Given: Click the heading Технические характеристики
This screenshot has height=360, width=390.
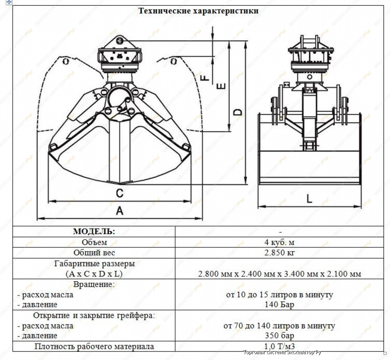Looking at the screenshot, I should (x=198, y=11).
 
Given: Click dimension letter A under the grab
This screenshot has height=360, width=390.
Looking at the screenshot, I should (x=120, y=211).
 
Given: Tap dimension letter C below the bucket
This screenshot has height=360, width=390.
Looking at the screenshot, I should (x=119, y=193).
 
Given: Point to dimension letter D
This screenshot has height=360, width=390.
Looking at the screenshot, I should (x=238, y=112).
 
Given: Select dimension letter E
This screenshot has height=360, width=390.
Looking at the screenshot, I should (x=221, y=86).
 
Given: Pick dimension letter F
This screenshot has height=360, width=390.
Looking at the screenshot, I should (x=205, y=77).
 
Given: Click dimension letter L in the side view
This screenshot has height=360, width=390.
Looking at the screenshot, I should (x=309, y=199).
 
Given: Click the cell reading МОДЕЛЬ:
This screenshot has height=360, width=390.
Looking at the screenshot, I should (x=94, y=231).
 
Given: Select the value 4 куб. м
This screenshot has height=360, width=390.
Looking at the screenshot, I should (x=279, y=242).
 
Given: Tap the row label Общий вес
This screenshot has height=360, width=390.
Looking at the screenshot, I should (x=94, y=252).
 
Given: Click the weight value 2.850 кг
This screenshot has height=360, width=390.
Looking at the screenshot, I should (x=279, y=252).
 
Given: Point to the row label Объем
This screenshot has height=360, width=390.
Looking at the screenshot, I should (x=94, y=242).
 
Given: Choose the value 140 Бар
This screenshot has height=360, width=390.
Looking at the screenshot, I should (x=279, y=304).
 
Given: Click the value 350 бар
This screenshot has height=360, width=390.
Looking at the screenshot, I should (x=279, y=335).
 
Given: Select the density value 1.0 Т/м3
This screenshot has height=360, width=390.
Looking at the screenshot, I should (x=279, y=346).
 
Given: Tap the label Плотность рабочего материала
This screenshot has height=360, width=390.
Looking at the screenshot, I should (x=94, y=346).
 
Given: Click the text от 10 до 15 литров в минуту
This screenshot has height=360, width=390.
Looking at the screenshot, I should (x=279, y=295).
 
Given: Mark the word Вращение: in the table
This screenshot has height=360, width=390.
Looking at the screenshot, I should (x=94, y=284).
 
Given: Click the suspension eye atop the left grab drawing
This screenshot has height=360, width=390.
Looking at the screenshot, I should (x=120, y=40).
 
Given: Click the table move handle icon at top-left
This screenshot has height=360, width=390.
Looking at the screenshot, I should (x=9, y=2).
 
